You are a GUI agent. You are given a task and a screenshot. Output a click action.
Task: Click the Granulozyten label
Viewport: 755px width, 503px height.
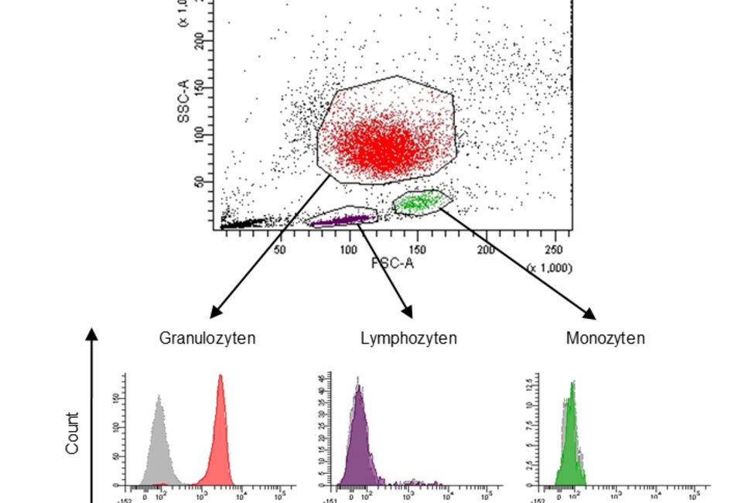(207, 338)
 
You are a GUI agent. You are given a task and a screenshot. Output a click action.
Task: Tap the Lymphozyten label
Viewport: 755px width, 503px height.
(408, 338)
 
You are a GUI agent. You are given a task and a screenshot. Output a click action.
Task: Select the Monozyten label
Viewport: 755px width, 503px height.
(605, 338)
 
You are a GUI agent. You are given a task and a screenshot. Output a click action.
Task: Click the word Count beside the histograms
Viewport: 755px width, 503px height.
(72, 433)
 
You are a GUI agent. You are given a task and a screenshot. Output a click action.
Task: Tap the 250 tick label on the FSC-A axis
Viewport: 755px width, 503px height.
(553, 249)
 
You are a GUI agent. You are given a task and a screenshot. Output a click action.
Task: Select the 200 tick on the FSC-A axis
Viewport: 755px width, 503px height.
(485, 249)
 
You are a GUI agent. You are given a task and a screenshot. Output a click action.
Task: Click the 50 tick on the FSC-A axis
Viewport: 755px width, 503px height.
(280, 249)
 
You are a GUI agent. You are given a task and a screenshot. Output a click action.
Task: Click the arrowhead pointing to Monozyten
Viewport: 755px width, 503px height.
(590, 313)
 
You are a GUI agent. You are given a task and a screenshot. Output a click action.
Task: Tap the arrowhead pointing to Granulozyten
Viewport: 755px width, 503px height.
(216, 313)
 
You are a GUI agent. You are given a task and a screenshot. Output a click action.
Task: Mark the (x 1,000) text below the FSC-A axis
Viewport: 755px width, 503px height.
(549, 267)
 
